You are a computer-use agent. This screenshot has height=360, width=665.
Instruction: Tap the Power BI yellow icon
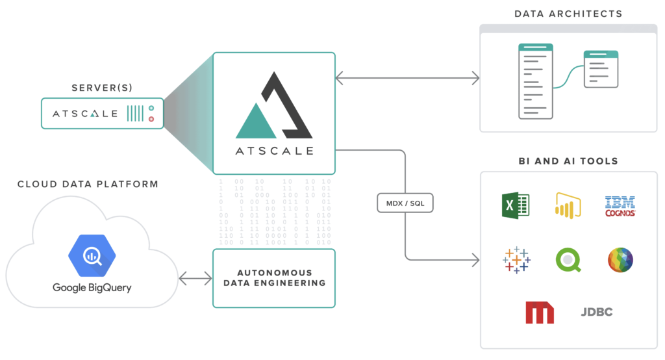point(568,205)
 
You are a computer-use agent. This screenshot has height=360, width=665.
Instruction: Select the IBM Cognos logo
point(620,206)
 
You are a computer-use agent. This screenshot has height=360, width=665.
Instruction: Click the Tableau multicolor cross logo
point(516,259)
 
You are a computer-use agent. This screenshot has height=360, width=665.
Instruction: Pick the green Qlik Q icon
point(568,259)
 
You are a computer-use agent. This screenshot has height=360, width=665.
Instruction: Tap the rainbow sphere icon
point(620,259)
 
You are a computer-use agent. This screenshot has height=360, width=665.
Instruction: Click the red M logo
point(540,312)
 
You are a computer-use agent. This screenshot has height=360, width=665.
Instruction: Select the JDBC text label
point(596,312)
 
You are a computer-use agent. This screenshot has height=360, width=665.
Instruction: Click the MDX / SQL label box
point(405,204)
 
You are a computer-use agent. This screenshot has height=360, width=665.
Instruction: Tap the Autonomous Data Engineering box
point(274,278)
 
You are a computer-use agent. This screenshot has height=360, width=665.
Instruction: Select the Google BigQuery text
point(92,287)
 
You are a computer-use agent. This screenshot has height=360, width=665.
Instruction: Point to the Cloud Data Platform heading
point(88,185)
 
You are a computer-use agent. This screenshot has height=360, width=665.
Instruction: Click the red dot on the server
point(151,119)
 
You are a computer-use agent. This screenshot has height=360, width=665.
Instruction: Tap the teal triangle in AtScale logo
point(256,122)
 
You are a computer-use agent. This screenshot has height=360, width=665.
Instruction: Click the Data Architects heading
point(568,14)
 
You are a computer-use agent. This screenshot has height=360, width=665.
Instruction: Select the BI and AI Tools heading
point(568,161)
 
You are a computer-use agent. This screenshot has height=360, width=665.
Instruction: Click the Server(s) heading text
point(103,87)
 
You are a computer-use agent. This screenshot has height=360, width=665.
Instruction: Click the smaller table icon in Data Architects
point(601,70)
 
